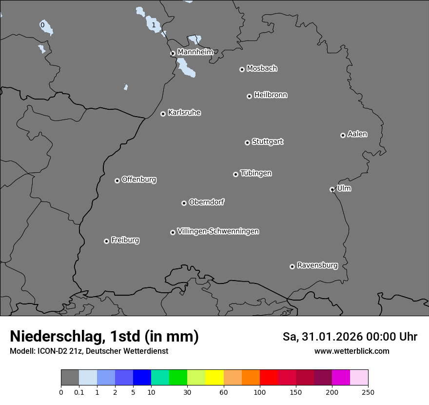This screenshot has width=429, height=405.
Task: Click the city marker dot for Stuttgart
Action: coord(247,142)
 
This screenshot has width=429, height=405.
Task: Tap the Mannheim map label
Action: coord(195,52)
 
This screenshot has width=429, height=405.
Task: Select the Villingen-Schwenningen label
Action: coord(218,231)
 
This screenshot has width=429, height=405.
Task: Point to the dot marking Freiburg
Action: coord(106,241)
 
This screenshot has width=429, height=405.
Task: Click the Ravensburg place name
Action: coord(317,265)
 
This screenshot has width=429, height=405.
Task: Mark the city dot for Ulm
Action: coord(332,189)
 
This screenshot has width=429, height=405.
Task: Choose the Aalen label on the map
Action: coord(357,134)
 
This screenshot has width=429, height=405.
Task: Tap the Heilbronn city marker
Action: coord(249,96)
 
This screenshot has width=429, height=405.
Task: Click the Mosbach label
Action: coord(262,69)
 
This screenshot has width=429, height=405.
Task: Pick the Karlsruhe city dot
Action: coord(163,114)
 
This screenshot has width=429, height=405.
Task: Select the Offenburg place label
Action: coord(139,180)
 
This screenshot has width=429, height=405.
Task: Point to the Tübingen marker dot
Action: coord(235,174)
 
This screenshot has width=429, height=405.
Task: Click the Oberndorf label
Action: coord(206,202)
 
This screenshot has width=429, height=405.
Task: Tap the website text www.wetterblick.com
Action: coord(351,351)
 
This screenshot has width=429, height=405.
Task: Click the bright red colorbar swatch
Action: coord(269,378)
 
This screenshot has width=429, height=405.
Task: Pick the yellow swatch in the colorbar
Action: coord(214,378)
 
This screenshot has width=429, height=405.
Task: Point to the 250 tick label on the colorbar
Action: coord(368,392)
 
